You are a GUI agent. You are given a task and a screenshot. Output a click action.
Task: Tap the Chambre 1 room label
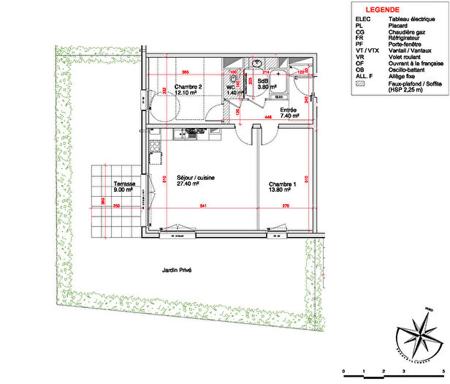coord(281,184)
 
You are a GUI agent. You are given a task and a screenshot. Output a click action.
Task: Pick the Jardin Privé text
coord(177,270)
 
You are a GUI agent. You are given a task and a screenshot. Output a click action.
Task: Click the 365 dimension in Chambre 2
coord(186,72)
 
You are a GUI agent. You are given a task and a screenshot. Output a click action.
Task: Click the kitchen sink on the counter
coord(192,134)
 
